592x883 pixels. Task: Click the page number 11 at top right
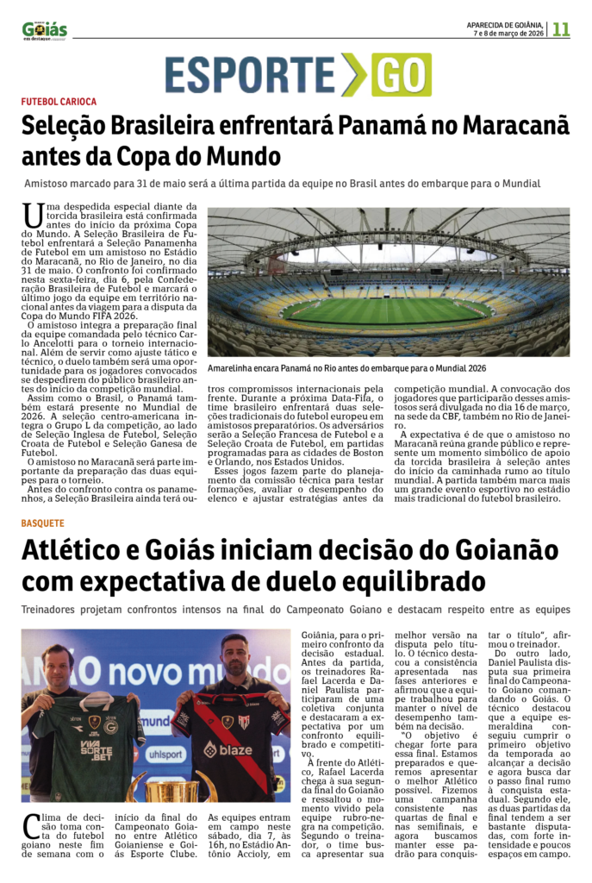coord(561,28)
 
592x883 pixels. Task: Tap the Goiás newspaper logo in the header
coord(45,30)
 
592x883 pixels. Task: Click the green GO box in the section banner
coord(401,74)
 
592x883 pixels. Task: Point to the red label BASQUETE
coord(43,523)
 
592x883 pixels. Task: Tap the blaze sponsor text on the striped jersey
coord(229,750)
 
